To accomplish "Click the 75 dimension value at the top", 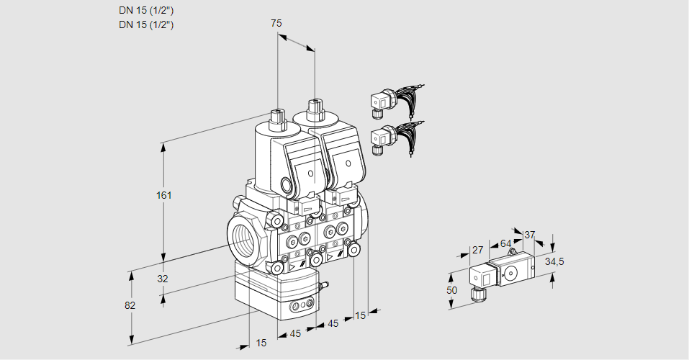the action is pyautogui.click(x=276, y=23).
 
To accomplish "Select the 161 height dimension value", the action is pyautogui.click(x=164, y=195).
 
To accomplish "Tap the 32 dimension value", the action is pyautogui.click(x=163, y=279).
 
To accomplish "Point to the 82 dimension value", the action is pyautogui.click(x=130, y=305).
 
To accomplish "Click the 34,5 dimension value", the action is pyautogui.click(x=554, y=262).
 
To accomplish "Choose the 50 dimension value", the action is pyautogui.click(x=451, y=290).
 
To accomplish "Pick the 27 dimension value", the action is pyautogui.click(x=477, y=250).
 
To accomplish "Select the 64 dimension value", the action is pyautogui.click(x=505, y=243).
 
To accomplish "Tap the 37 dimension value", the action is pyautogui.click(x=529, y=235).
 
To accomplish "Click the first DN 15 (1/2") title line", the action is pyautogui.click(x=146, y=11).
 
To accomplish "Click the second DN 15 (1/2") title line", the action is pyautogui.click(x=146, y=24).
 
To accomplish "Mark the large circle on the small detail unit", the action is pyautogui.click(x=511, y=273).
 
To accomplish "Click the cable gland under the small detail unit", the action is pyautogui.click(x=478, y=294).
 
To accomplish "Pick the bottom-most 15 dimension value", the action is pyautogui.click(x=261, y=343).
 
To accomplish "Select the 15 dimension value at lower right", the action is pyautogui.click(x=360, y=315).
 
